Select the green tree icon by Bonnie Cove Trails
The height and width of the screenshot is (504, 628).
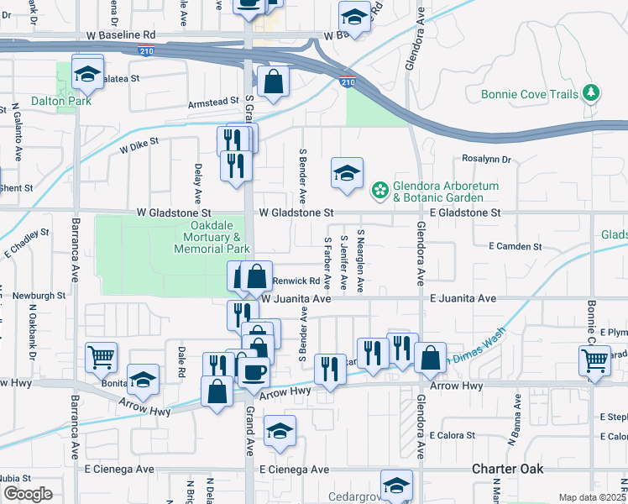tap(593, 92)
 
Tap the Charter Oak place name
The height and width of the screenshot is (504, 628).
tap(508, 469)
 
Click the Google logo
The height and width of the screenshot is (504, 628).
tap(28, 494)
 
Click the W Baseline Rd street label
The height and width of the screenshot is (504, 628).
tap(122, 36)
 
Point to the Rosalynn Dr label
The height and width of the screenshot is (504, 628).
tap(486, 158)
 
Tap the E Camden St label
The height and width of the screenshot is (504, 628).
tap(515, 246)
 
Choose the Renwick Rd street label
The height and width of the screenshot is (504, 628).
tap(296, 281)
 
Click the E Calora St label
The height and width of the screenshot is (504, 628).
tap(452, 435)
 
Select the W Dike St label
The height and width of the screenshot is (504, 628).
tap(139, 148)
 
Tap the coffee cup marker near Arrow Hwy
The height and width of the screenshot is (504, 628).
tap(254, 370)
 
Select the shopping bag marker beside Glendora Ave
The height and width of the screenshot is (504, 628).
tap(430, 357)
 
